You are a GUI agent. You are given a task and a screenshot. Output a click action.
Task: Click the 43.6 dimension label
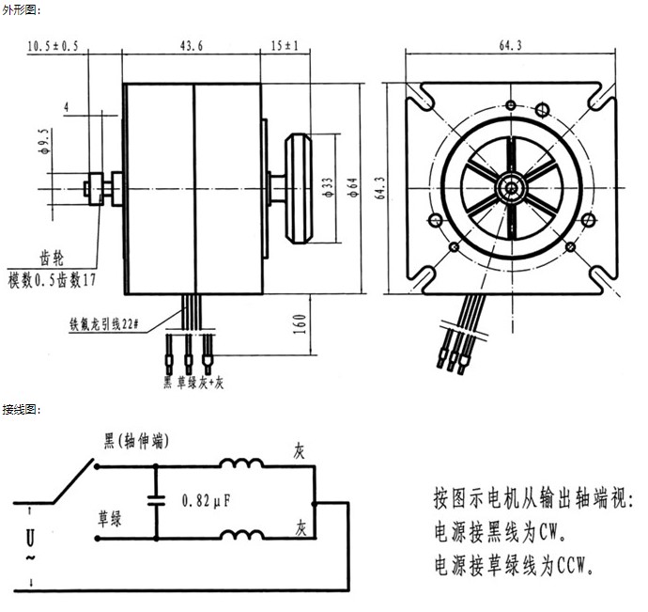[x=192, y=45]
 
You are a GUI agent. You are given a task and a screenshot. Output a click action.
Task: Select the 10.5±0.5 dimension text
[x=53, y=46]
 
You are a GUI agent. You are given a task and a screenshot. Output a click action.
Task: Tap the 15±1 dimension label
[x=285, y=45]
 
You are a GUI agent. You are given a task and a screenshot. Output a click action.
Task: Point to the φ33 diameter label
[x=328, y=187]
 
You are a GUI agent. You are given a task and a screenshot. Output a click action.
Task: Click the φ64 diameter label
[x=352, y=187]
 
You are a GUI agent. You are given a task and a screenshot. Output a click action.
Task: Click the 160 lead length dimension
[x=301, y=324]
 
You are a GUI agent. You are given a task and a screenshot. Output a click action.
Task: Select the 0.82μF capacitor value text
[x=206, y=501]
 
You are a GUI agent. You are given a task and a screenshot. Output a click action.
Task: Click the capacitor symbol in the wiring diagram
[x=156, y=501]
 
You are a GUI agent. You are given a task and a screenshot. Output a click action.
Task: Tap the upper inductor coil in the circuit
[x=241, y=463]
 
